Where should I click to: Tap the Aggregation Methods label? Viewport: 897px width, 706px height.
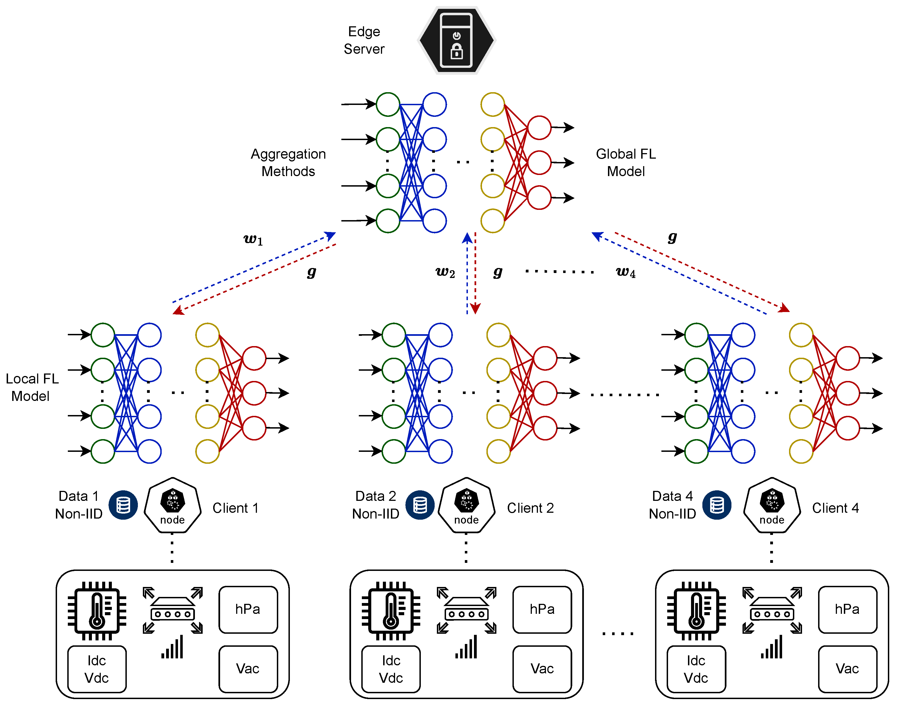[288, 163]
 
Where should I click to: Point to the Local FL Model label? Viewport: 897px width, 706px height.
[32, 387]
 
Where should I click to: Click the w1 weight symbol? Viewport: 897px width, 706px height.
[253, 239]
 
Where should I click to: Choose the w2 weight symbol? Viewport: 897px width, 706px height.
[445, 272]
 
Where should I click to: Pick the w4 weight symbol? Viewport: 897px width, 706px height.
[625, 272]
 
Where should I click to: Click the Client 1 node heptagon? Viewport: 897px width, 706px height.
[173, 505]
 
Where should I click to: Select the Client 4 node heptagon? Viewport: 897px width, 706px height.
[772, 505]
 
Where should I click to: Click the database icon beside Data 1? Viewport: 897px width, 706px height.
[123, 505]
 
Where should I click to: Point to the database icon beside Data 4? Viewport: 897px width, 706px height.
[717, 505]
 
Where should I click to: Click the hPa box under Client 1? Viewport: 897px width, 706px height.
[248, 609]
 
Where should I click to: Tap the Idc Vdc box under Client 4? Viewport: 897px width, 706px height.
[696, 669]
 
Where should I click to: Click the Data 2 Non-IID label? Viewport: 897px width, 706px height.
[375, 505]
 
